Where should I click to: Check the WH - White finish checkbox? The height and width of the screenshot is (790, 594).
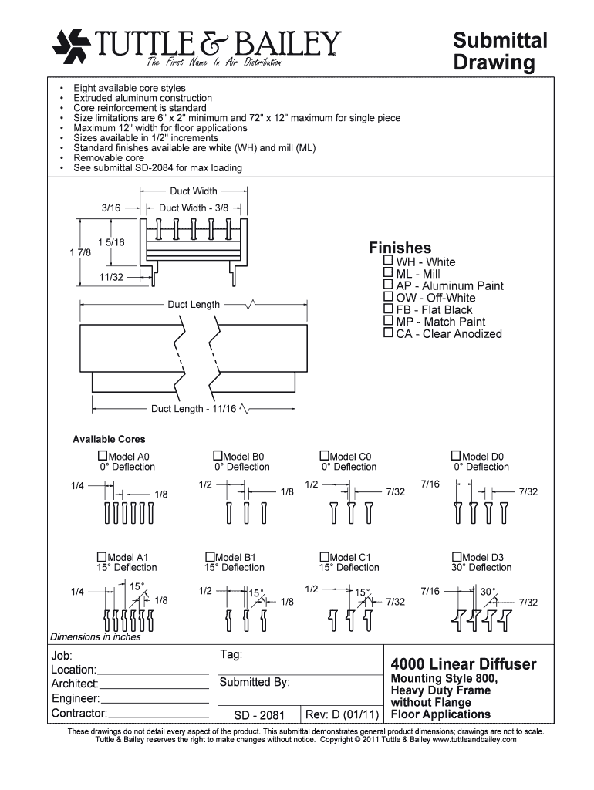coord(388,262)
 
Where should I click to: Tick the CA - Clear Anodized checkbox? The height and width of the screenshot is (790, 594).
coord(388,333)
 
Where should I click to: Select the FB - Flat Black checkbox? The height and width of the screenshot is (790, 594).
coord(388,309)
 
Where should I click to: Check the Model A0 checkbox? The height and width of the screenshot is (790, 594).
coord(103,456)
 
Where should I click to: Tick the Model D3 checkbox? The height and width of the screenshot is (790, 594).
coord(457,556)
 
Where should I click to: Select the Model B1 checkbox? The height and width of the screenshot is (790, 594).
coord(209,556)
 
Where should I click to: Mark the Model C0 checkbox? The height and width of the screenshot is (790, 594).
coord(324,456)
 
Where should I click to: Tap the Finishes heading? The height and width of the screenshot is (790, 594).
coord(400,248)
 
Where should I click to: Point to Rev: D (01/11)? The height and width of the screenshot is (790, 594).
coord(342,714)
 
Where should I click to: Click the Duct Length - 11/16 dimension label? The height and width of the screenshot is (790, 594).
coord(194,409)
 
